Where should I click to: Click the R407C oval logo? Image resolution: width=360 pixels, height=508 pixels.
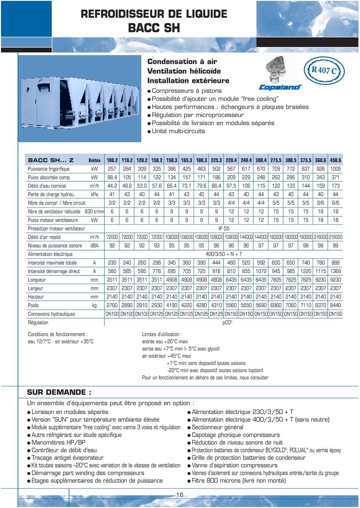324,70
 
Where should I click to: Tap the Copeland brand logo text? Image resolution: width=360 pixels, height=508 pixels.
280,87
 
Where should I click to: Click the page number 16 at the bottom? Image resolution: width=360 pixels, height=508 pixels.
180,494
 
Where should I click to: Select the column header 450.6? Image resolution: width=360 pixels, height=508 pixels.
335,160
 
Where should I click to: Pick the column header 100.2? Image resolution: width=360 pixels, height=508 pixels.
112,160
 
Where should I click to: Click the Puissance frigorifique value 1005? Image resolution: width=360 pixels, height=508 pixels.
335,169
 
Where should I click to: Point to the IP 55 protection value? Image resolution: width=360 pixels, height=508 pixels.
223,228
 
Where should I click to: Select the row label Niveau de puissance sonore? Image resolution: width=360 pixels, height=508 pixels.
55,246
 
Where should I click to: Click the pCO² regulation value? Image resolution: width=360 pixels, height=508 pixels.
227,322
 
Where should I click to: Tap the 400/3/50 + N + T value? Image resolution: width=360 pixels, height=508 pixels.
224,254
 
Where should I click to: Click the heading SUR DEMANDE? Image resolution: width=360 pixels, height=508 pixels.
59,392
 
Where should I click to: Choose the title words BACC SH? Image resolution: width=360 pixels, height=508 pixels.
154,28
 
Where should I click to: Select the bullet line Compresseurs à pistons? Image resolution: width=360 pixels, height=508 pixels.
186,91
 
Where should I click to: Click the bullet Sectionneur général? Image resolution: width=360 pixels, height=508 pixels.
217,427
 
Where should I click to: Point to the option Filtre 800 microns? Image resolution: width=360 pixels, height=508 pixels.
238,481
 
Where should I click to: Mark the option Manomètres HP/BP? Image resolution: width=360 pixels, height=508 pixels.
58,442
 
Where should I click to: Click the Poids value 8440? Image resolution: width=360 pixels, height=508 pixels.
335,305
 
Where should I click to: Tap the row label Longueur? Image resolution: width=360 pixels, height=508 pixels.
37,280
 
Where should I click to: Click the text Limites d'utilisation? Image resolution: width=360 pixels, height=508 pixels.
162,334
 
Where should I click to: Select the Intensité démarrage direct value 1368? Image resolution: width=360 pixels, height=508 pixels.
335,271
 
